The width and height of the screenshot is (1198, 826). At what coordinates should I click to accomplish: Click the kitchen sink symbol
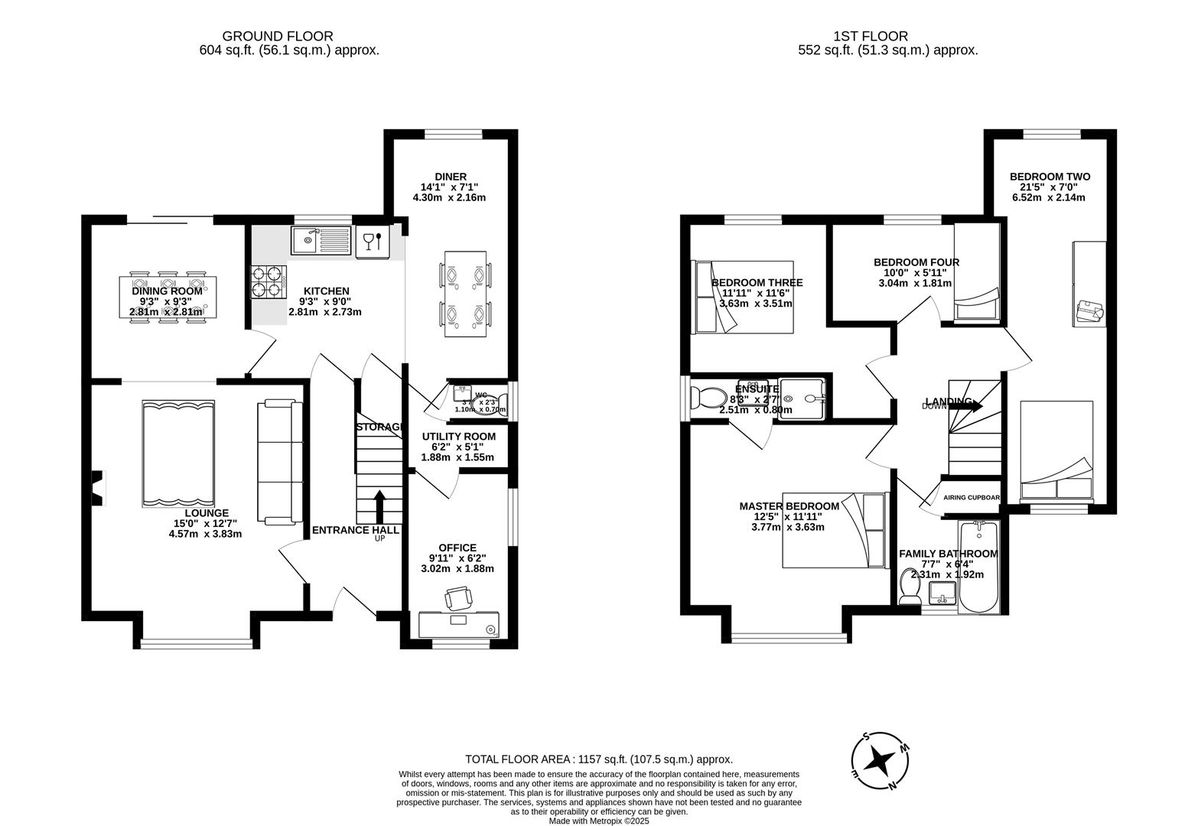point(321,241)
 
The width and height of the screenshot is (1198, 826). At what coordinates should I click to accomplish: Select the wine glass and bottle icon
point(372,240)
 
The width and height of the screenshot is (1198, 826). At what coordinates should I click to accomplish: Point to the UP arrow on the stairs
point(379,506)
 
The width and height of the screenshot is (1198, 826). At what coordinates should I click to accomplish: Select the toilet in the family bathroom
point(910,587)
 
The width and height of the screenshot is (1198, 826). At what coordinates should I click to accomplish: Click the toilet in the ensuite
point(708,398)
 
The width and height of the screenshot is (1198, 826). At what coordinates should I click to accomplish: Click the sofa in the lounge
point(276,462)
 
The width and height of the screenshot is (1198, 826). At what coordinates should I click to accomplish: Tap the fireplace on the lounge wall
point(97,488)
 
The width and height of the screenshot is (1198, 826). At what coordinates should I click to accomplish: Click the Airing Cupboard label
point(972,498)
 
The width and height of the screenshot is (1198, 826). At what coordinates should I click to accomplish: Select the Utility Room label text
point(458,437)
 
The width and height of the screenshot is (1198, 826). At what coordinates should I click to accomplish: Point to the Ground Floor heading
point(278,36)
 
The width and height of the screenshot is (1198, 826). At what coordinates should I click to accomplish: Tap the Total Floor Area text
point(599,759)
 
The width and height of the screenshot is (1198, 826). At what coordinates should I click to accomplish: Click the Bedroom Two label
point(1049,177)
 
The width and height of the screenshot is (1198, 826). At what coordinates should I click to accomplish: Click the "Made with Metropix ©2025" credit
point(599,821)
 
